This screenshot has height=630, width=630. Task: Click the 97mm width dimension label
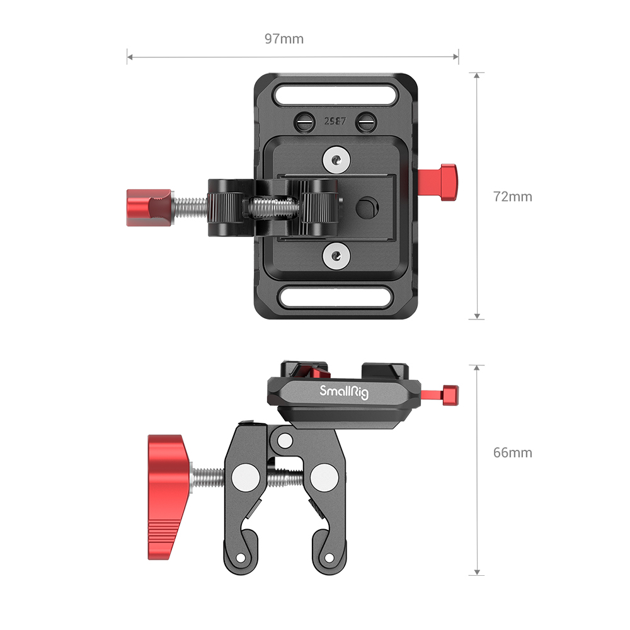pyautogui.click(x=284, y=39)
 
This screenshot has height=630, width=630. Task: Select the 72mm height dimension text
pyautogui.click(x=512, y=197)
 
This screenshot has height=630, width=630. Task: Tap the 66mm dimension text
pyautogui.click(x=512, y=452)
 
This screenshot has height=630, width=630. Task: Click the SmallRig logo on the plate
pyautogui.click(x=344, y=392)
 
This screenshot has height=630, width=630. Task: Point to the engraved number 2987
pyautogui.click(x=335, y=122)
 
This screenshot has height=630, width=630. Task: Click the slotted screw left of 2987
pyautogui.click(x=306, y=120)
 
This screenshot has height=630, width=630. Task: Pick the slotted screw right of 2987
pyautogui.click(x=364, y=120)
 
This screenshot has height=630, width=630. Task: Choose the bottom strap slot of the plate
pyautogui.click(x=335, y=295)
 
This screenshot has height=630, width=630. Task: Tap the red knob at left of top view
pyautogui.click(x=149, y=208)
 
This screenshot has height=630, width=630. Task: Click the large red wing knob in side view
pyautogui.click(x=167, y=491)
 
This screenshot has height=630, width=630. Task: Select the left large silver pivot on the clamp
pyautogui.click(x=244, y=477)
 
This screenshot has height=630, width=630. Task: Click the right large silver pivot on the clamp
pyautogui.click(x=323, y=477)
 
